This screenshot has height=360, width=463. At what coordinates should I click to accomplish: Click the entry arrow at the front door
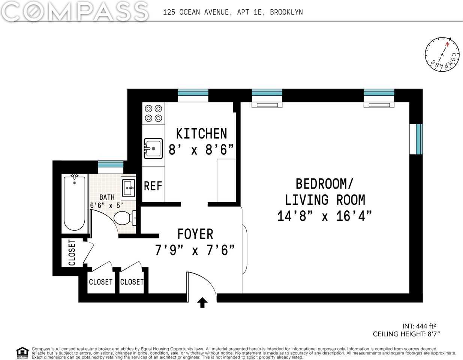[x=202, y=302]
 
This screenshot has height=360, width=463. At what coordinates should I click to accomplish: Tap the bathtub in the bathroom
[x=74, y=203]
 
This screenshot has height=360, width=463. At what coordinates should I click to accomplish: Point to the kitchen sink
[x=153, y=148]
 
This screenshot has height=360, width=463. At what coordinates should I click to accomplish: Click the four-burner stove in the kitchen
[x=154, y=113]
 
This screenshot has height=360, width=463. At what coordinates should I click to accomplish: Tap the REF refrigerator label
[x=153, y=186]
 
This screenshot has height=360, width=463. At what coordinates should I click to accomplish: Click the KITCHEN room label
[x=201, y=134]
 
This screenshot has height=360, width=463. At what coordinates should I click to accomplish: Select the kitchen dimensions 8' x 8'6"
[x=201, y=150]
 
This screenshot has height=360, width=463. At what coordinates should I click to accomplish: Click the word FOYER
[x=195, y=234]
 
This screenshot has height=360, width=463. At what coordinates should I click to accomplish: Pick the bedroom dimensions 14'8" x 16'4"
[x=324, y=216]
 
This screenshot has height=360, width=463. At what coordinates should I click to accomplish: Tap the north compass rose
[x=442, y=54]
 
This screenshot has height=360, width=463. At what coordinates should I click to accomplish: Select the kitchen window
[x=193, y=95]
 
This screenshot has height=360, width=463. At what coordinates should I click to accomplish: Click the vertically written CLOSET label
[x=72, y=252]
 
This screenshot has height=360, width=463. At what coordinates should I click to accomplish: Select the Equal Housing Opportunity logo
[x=22, y=352]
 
